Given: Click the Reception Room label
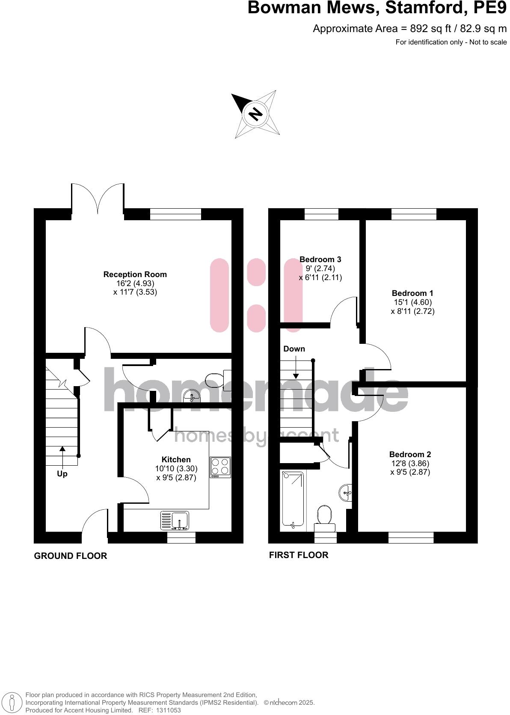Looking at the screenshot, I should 135,275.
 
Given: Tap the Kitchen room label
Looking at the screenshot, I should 176,460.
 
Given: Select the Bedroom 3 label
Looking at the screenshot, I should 320,259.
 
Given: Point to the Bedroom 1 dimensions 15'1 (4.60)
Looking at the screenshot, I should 412,302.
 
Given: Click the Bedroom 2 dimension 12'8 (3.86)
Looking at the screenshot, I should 410,463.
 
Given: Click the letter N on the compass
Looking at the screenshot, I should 255,114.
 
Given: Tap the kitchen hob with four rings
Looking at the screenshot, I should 220,467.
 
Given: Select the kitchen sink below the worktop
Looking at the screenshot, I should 176,520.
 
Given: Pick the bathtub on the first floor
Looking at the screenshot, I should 293,499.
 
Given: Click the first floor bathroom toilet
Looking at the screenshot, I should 325,516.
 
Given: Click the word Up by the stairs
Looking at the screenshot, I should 62,474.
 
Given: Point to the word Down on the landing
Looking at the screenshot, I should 294,349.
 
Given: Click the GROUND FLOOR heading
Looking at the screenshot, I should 71,556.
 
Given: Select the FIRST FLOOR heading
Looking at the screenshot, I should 299,555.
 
